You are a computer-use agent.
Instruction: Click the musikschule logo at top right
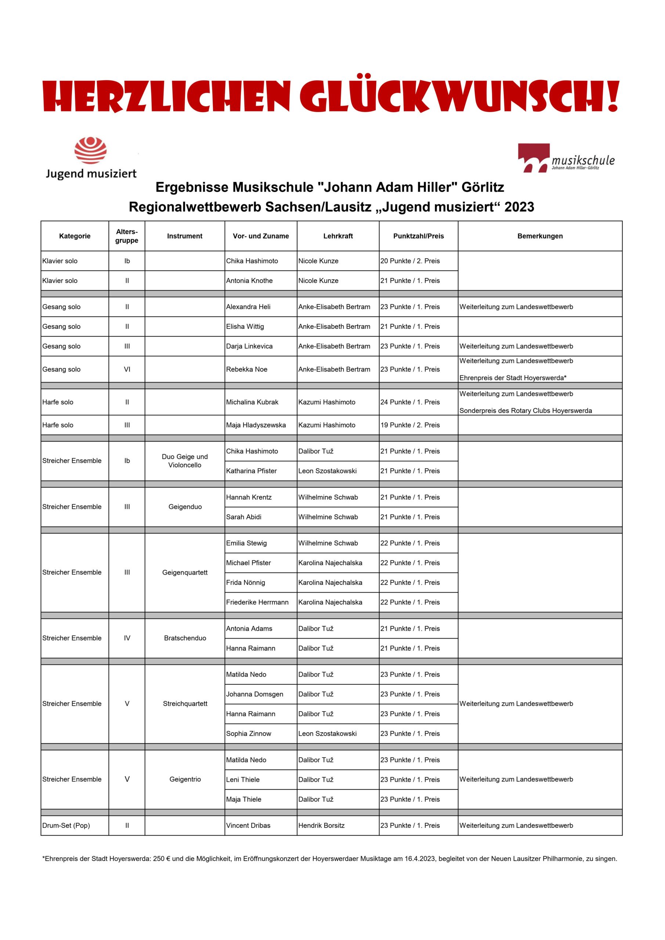566,158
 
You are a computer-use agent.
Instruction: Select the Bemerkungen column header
540,236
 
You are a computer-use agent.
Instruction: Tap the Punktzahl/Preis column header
418,236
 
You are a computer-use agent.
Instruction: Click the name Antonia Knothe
249,281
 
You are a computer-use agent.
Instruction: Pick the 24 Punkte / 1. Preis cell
410,402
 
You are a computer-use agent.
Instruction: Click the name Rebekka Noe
246,369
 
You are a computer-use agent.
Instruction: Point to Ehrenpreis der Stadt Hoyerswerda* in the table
513,378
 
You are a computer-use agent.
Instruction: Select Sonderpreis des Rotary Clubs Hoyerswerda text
525,411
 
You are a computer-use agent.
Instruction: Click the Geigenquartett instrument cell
185,572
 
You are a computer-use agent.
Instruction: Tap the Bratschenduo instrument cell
185,638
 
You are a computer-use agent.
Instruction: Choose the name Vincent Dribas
248,825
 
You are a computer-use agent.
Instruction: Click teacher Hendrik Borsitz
321,825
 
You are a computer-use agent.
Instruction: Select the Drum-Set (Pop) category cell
66,825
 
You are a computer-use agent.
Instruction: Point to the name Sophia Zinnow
248,734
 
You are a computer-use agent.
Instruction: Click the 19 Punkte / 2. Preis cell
410,425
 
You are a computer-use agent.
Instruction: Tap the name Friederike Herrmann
257,602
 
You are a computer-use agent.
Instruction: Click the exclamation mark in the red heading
612,96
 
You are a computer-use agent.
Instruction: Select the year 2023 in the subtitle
519,207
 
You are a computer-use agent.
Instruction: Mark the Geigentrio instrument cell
185,779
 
